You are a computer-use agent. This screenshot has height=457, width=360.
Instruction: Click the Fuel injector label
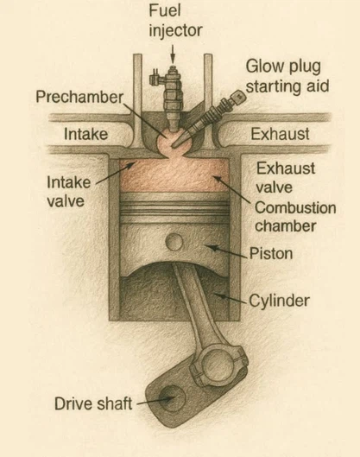coord(175,21)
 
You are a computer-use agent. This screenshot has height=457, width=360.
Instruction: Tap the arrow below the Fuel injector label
coord(173,54)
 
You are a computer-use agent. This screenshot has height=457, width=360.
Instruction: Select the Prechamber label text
coord(79,97)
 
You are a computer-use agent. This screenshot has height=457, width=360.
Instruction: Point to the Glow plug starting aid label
coord(287,77)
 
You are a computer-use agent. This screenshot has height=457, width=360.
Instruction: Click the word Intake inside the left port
coord(85,134)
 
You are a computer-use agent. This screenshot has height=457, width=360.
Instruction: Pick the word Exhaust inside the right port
coord(280,134)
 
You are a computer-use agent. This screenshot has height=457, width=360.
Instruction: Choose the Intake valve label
coord(69,192)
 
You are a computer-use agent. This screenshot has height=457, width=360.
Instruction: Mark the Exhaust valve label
coord(286,177)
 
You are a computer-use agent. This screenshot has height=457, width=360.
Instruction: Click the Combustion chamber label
coord(295,217)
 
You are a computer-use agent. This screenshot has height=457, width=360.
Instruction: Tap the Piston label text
coord(271,253)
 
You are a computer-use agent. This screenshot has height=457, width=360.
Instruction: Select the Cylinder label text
coord(279,301)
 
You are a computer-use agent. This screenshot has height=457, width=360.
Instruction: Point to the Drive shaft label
coord(93,403)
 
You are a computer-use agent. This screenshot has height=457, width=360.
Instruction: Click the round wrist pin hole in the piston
coord(174,242)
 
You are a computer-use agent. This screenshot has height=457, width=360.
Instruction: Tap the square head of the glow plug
coord(239,97)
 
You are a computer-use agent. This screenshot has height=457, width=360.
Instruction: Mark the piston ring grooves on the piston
coord(174,208)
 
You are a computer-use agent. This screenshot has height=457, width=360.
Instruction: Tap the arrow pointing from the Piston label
coord(226,251)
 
